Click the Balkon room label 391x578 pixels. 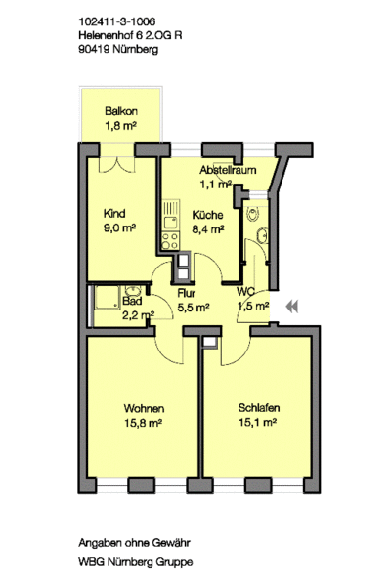click(x=120, y=111)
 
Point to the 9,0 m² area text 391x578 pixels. click(x=119, y=229)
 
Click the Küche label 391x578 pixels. click(x=207, y=216)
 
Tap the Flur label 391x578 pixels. click(x=189, y=292)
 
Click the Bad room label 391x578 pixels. click(x=133, y=301)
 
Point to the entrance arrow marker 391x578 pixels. click(x=291, y=307)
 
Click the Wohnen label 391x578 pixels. click(x=144, y=409)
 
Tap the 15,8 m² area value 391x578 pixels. click(x=144, y=423)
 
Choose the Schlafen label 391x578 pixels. click(x=259, y=408)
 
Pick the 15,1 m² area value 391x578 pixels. click(x=258, y=423)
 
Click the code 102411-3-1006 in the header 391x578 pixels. click(x=115, y=20)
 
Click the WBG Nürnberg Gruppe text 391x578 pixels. click(x=135, y=563)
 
